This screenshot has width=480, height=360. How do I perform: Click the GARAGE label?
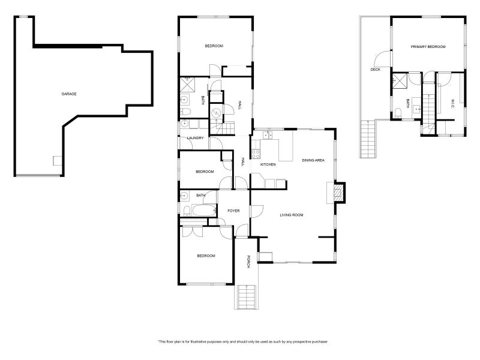click(x=69, y=94)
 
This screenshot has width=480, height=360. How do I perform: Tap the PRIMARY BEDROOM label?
click(x=428, y=46)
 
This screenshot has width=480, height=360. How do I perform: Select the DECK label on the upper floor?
click(x=375, y=70)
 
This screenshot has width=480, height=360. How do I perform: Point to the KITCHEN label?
click(x=267, y=164)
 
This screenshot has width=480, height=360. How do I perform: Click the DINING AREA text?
click(x=313, y=160)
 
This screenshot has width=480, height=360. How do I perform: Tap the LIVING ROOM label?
click(x=292, y=215)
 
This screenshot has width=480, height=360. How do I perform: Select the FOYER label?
click(x=233, y=211)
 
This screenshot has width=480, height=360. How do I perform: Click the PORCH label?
click(x=247, y=262)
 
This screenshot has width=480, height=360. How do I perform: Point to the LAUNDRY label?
click(x=196, y=138)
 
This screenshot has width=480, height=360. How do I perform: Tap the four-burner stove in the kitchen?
click(x=256, y=179)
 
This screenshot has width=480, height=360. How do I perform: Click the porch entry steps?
click(x=247, y=297)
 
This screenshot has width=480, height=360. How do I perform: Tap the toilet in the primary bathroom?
click(x=398, y=112)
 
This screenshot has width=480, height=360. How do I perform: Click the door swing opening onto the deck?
click(x=380, y=59)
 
